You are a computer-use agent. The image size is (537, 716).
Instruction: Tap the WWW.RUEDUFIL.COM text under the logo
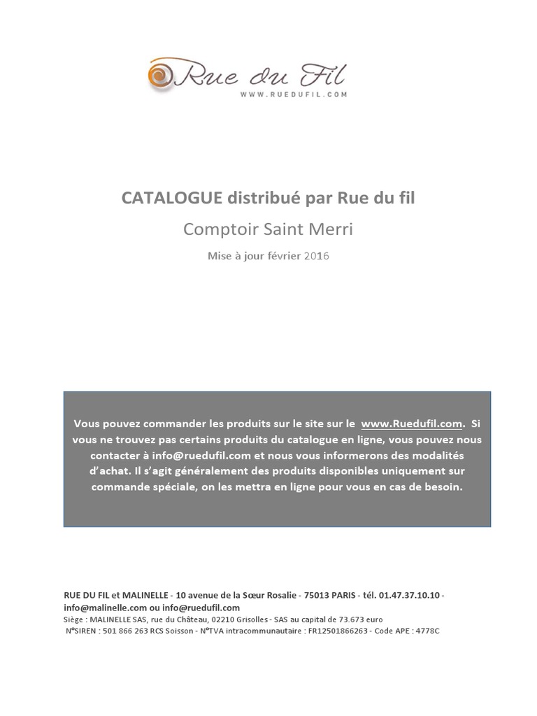click(294, 93)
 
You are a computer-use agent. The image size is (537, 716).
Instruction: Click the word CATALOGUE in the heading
click(171, 199)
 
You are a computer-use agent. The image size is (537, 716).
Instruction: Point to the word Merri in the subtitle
click(335, 229)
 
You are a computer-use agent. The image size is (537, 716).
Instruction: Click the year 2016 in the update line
click(316, 256)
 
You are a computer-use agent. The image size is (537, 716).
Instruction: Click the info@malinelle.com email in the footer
click(104, 608)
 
